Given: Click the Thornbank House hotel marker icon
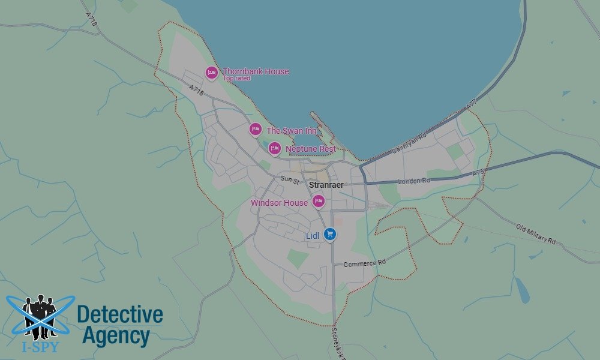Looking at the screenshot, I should tap(211, 73).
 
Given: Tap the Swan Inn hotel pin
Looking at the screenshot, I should tap(256, 129).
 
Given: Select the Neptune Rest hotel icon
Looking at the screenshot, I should tap(274, 148).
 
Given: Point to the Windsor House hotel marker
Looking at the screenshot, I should tap(319, 201).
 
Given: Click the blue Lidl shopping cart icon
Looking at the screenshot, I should tap(329, 234).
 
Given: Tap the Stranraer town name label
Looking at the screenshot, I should tap(326, 185).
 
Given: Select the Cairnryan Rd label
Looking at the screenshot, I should tap(409, 145).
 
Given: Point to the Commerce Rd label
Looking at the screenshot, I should tap(364, 263).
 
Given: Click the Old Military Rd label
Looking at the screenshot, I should tap(536, 233).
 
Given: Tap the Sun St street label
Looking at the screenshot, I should tap(289, 179).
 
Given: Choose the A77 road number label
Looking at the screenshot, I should tap(472, 106).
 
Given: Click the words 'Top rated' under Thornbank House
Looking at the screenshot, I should tap(236, 79).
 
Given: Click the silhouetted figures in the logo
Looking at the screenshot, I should tap(40, 315).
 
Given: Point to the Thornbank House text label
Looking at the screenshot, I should tap(256, 71).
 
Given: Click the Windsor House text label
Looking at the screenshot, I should tap(279, 203).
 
